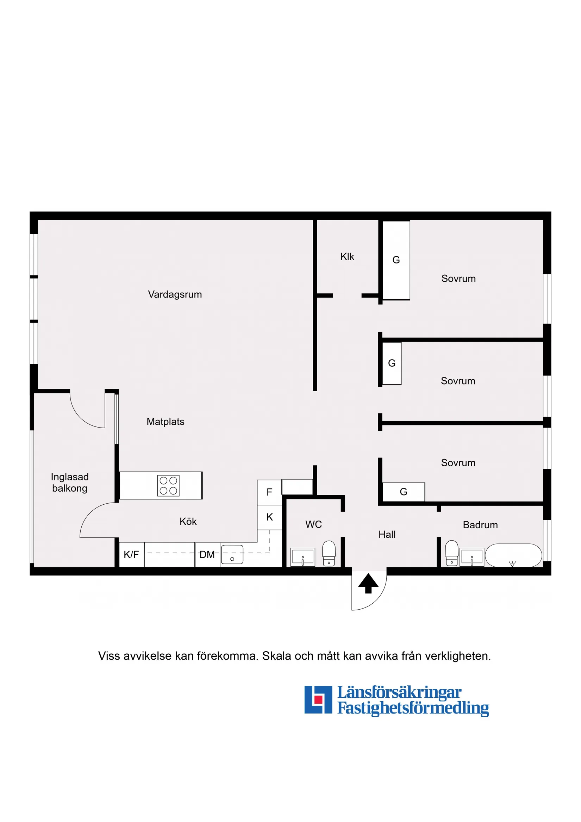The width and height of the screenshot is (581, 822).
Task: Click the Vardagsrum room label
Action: [175, 295]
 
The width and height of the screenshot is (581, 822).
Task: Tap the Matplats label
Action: [165, 422]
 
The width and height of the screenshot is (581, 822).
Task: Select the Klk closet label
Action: [347, 257]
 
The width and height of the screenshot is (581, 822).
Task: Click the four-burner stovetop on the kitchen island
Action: [168, 486]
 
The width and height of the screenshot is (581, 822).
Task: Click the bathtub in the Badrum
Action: [514, 556]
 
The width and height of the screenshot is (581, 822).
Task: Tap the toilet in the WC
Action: [329, 554]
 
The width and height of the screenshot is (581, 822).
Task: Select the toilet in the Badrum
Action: [452, 553]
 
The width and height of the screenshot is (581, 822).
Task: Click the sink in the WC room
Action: [303, 558]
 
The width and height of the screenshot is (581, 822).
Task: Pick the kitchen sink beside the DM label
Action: [232, 555]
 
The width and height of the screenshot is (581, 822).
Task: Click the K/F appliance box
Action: [131, 555]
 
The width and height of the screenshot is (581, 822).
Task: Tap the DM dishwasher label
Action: [207, 555]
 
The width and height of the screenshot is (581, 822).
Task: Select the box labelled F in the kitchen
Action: [269, 492]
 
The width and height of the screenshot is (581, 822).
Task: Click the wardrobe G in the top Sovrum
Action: [396, 260]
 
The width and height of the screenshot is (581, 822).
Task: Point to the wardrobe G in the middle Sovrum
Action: [392, 363]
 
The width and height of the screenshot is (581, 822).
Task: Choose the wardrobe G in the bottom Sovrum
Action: [404, 492]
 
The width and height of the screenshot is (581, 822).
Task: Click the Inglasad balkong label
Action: [70, 482]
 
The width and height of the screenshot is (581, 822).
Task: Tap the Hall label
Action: [387, 535]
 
